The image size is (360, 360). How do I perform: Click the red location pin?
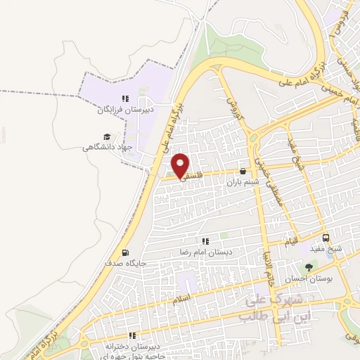click(x=181, y=165)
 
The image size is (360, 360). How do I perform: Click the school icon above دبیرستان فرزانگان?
click(x=124, y=99)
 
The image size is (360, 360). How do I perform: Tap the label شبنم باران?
click(x=243, y=181)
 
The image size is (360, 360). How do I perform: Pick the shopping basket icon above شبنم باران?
click(x=243, y=171)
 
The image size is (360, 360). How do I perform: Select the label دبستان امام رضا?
click(x=206, y=251)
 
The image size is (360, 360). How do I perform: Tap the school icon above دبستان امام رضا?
click(x=205, y=240)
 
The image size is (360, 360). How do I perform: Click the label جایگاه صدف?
click(x=125, y=263)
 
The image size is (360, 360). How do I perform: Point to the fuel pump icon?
click(x=125, y=252)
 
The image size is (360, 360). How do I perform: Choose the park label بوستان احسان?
click(x=308, y=278)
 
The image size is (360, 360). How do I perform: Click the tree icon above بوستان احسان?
click(x=308, y=267)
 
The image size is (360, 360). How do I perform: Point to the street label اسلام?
click(x=181, y=300)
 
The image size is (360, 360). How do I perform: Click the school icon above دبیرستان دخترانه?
click(x=130, y=336)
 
